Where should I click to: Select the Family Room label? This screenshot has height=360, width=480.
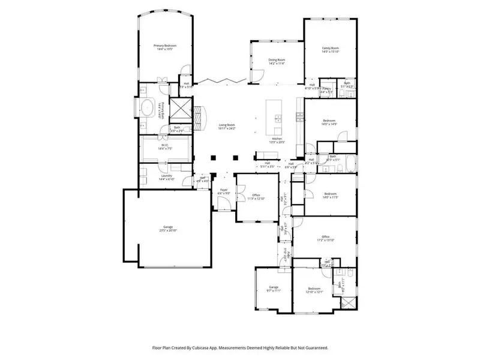coord(331,49)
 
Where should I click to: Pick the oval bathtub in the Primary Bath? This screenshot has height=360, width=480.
coord(146,109)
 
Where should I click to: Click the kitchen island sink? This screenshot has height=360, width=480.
coord(278,117)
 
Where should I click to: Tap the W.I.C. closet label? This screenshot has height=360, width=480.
coord(165,146)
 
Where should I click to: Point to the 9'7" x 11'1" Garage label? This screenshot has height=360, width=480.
coord(274,289)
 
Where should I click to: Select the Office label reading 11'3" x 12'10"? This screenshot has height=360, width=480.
coord(256,196)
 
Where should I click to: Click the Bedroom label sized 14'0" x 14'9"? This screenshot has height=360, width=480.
coord(329,122)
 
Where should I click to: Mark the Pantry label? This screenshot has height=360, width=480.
coord(326,90)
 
